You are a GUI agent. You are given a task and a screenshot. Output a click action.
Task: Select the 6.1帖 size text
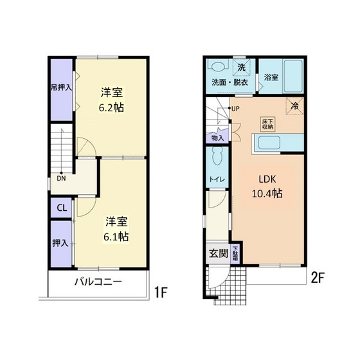116,236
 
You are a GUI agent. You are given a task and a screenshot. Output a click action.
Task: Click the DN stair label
60,179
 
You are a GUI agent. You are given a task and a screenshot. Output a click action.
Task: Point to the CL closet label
62,208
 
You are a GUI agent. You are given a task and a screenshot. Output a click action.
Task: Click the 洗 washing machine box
241,67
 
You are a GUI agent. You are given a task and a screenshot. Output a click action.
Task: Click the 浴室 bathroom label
271,78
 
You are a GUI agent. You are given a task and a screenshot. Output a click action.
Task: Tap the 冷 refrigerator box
295,105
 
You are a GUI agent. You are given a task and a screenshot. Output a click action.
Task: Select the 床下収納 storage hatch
267,124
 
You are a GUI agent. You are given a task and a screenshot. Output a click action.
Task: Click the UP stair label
236,108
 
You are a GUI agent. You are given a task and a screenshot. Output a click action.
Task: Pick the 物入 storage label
217,137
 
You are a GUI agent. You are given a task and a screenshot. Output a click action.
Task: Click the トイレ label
216,179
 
